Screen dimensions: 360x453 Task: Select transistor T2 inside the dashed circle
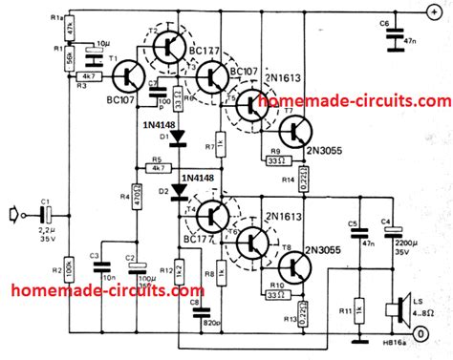[x=168, y=43]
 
